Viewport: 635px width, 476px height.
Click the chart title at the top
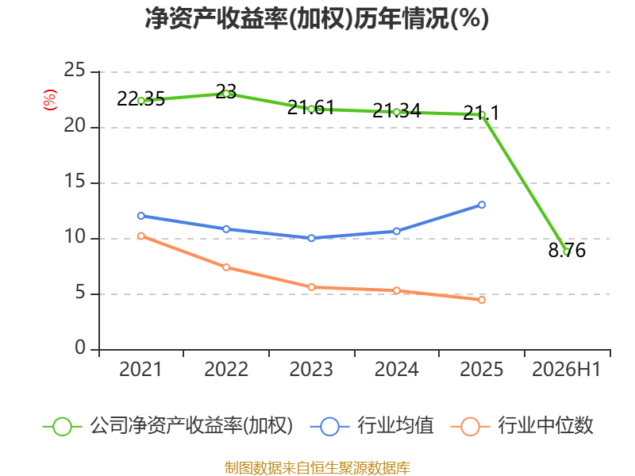click(317, 18)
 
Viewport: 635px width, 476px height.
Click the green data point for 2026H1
click(567, 252)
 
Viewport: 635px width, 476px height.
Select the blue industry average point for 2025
click(482, 205)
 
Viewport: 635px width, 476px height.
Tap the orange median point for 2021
click(141, 236)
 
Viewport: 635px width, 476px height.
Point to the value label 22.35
click(141, 98)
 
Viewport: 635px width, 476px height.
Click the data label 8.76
click(567, 250)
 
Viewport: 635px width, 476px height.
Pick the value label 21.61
click(311, 108)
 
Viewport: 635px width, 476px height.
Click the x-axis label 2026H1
click(567, 369)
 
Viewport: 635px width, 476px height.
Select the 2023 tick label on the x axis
click(311, 369)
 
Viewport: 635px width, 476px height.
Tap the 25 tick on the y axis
click(75, 70)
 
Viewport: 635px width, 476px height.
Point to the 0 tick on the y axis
click(80, 347)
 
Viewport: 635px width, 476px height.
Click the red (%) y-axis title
click(50, 100)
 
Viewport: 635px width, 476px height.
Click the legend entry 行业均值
click(395, 425)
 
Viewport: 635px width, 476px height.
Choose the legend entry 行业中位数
click(545, 425)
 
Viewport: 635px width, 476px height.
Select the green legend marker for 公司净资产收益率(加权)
click(63, 427)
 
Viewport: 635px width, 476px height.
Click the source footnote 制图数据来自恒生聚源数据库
click(317, 468)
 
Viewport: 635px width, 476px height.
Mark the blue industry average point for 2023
click(311, 238)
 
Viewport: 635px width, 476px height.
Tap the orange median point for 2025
click(482, 300)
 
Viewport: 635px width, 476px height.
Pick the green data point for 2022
click(226, 94)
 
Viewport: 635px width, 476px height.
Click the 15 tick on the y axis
click(75, 181)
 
